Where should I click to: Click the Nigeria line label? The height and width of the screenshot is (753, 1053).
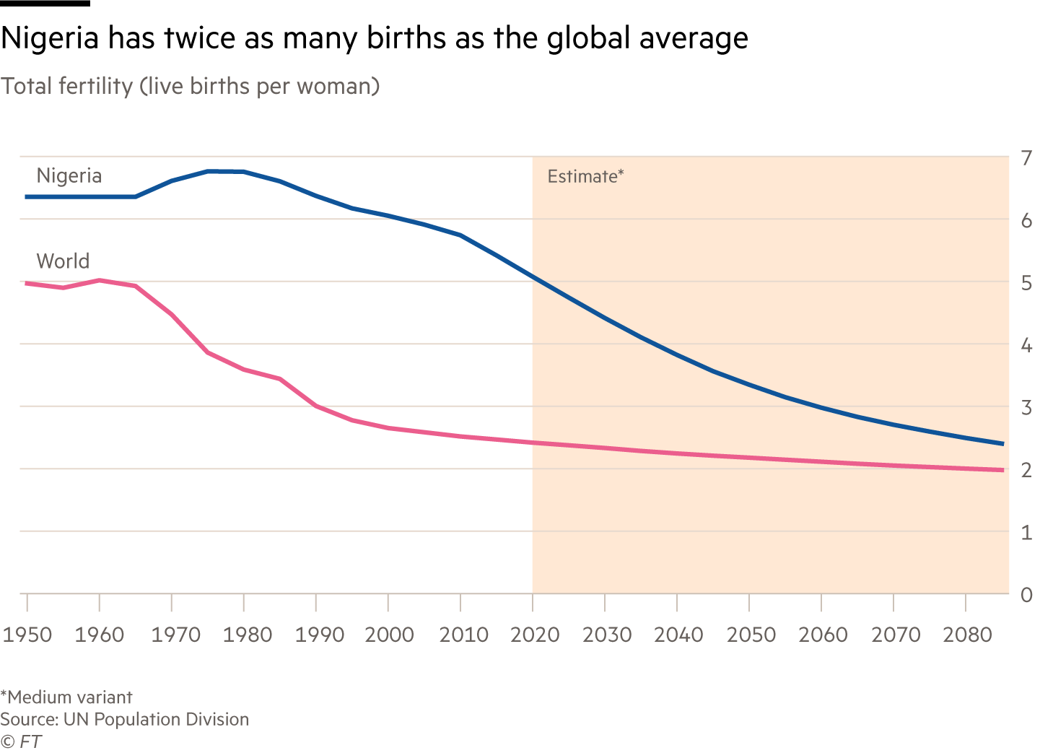[x=69, y=175]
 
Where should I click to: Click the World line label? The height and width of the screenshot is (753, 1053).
[x=63, y=261]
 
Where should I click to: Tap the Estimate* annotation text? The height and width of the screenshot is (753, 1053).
[x=585, y=176]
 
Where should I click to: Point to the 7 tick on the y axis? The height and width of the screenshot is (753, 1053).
[x=1026, y=158]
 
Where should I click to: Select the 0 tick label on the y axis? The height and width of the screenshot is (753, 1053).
[x=1026, y=596]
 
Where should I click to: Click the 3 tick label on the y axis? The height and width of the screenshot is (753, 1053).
[x=1026, y=408]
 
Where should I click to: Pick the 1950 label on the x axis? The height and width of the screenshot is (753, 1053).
[x=27, y=635]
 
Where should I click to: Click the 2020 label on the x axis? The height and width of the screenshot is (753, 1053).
[x=534, y=635]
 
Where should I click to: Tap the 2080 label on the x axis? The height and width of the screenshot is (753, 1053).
[x=967, y=635]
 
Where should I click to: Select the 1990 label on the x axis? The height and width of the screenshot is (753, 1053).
[x=319, y=635]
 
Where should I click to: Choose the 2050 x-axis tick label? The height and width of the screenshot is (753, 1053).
[x=751, y=635]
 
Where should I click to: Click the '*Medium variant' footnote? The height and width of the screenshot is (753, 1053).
[x=66, y=697]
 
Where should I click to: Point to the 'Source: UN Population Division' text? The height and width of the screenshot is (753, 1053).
[x=124, y=719]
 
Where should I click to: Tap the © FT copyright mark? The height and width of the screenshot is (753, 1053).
[x=21, y=741]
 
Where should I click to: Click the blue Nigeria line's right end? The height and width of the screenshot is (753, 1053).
[x=1002, y=443]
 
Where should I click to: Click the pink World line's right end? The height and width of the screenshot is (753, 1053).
[x=1002, y=470]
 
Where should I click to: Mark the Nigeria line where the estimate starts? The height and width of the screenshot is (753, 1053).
[x=533, y=277]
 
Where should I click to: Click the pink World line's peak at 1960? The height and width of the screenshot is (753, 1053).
[x=100, y=280]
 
